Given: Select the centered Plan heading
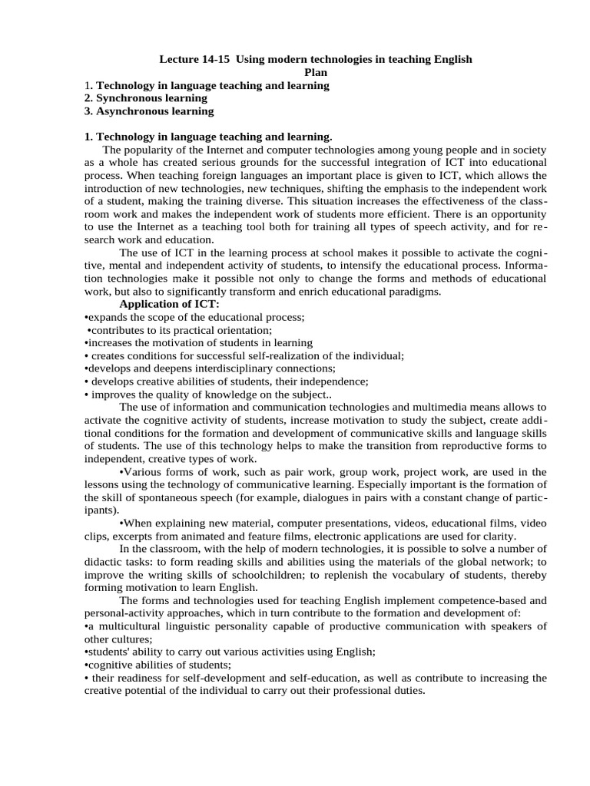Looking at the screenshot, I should pos(316,72).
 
